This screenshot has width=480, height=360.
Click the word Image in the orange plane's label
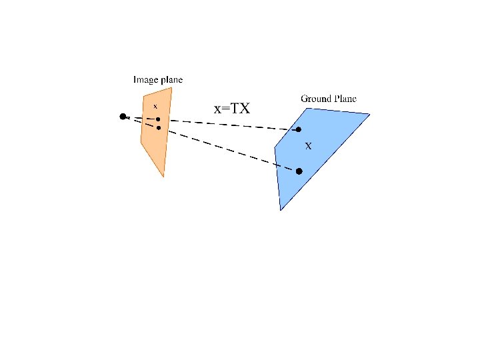[x=145, y=80]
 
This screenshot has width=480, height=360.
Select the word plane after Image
[x=170, y=80]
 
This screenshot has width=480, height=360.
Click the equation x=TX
[x=231, y=107]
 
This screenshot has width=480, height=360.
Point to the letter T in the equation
[x=235, y=107]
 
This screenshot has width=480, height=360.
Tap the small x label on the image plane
[x=155, y=105]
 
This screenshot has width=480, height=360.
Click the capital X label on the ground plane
[x=308, y=145]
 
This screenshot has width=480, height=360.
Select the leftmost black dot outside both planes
[x=123, y=117]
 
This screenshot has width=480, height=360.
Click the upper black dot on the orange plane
[x=158, y=119]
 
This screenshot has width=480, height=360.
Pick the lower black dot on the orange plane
[x=159, y=128]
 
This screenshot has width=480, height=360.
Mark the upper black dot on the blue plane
[x=299, y=129]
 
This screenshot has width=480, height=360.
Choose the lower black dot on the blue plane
[x=299, y=171]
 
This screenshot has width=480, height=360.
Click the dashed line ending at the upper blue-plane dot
[x=227, y=124]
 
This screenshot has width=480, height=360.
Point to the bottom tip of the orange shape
[x=163, y=177]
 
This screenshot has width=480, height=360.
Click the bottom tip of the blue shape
[x=281, y=210]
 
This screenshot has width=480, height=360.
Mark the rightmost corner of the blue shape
[x=369, y=114]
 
